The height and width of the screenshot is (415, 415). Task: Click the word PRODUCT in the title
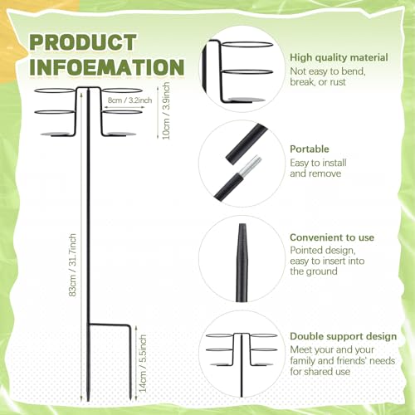[x=83, y=42]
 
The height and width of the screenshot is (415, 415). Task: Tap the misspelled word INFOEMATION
[x=107, y=66]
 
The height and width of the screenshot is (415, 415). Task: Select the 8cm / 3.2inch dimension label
[x=129, y=100]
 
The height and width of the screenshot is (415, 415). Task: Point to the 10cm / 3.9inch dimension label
[x=166, y=110]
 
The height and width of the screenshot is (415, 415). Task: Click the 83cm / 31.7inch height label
[x=72, y=265]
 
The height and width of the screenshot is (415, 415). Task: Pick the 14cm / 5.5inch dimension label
[x=143, y=364]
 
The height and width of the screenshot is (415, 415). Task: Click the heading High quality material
[x=339, y=57]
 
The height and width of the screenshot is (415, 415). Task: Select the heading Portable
[x=310, y=149]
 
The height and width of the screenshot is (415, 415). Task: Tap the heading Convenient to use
[x=332, y=237]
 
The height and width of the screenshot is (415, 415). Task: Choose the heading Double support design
[x=344, y=336]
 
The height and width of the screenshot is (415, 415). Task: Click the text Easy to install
[x=318, y=163]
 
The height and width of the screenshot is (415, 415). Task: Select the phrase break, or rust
[x=318, y=82]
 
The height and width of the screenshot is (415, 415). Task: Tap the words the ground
[x=314, y=271]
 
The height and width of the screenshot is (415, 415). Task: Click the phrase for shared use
[x=320, y=372]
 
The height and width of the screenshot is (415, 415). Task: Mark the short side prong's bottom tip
[x=130, y=400]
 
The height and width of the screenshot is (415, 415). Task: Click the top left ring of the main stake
[x=56, y=90]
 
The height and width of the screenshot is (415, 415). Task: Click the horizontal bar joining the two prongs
[x=109, y=324]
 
